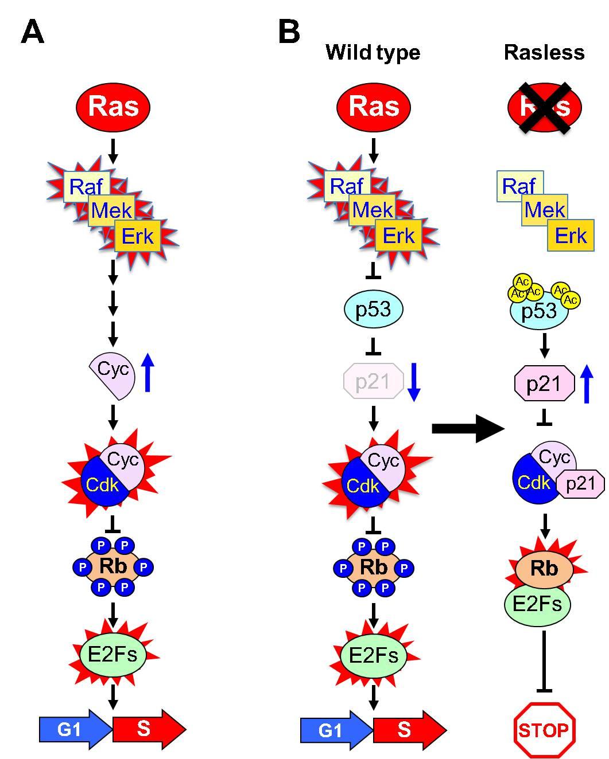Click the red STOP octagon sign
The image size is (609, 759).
[544, 730]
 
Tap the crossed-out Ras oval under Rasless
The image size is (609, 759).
[545, 107]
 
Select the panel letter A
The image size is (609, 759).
[32, 32]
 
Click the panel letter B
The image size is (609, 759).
[289, 32]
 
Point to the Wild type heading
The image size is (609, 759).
[373, 53]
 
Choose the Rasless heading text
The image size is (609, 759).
[544, 53]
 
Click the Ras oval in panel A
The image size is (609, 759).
[113, 107]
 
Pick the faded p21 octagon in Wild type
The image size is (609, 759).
[373, 381]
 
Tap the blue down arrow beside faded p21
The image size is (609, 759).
[414, 382]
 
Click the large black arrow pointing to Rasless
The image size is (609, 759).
[467, 428]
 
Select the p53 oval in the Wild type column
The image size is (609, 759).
[374, 310]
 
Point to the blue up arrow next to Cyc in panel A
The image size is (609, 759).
[148, 373]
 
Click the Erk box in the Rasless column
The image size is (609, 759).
[571, 235]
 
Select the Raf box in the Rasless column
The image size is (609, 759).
[518, 186]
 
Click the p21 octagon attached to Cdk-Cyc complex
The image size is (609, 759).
[580, 484]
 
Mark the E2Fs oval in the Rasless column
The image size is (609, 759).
[537, 604]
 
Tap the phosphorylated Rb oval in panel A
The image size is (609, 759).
[113, 567]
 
